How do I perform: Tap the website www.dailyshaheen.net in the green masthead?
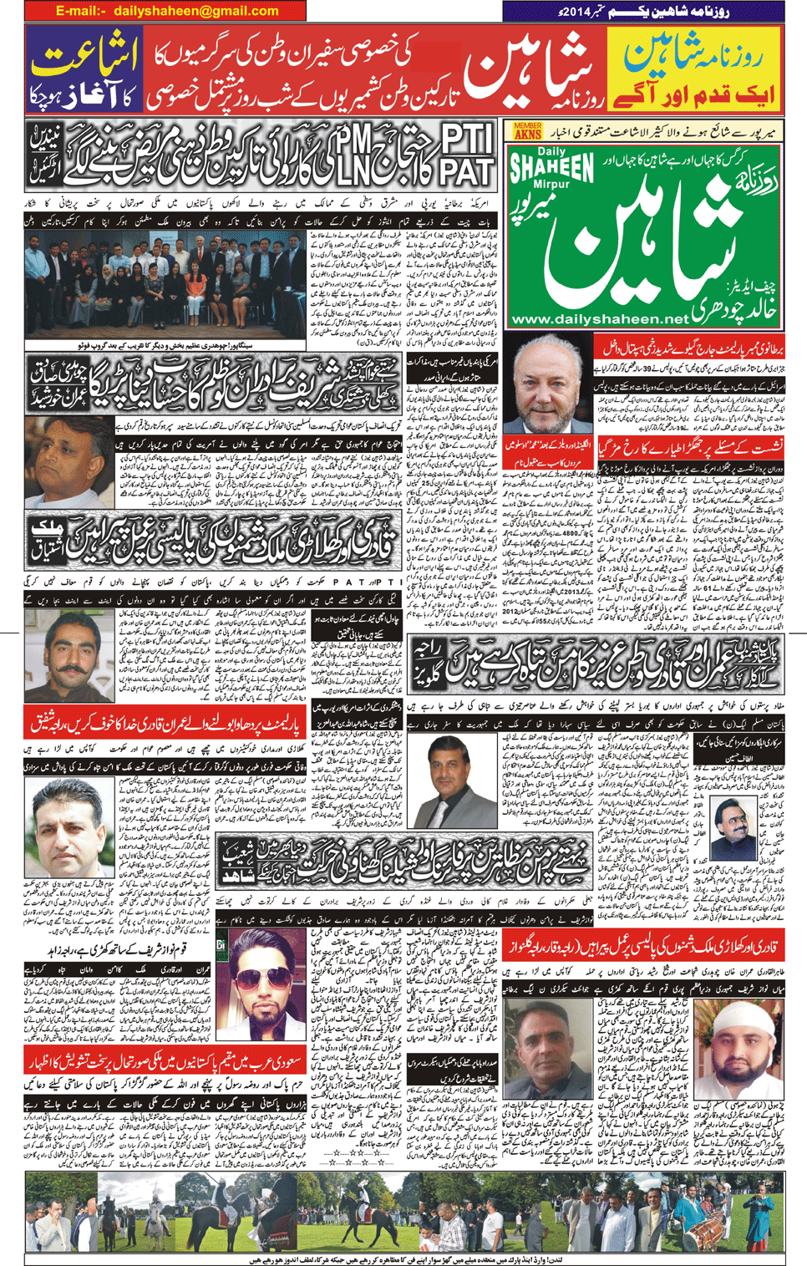(x=600, y=318)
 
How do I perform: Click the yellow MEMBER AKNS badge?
(x=528, y=130)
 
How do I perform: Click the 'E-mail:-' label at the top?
(x=81, y=11)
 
